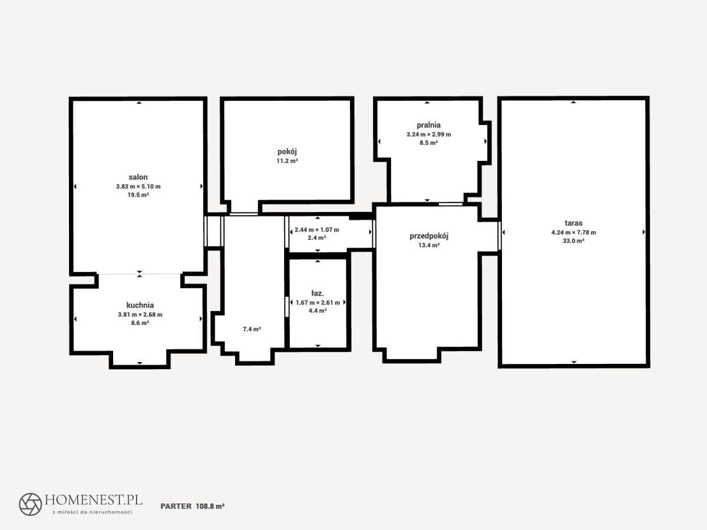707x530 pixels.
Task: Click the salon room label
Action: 138,177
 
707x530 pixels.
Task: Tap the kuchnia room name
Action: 140,305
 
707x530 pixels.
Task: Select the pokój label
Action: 287,152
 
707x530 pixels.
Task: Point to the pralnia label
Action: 428,125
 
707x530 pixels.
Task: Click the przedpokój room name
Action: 429,236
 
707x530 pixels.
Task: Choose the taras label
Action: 573,223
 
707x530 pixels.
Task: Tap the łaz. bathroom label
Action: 318,293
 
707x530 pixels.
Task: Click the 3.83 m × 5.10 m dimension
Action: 138,186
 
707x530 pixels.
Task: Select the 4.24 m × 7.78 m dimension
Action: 573,233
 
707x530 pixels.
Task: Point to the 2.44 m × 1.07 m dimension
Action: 316,230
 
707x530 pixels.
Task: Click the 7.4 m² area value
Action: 252,329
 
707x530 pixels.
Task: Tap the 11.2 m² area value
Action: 287,161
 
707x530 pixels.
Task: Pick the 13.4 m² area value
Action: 429,245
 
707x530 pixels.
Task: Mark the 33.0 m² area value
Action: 573,241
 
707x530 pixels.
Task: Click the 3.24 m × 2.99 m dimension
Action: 428,134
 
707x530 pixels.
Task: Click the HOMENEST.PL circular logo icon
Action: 30,504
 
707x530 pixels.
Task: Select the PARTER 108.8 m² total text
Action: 192,506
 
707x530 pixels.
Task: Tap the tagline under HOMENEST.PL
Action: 92,512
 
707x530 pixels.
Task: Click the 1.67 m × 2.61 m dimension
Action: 318,303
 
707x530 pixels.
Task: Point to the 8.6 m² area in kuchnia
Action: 140,323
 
